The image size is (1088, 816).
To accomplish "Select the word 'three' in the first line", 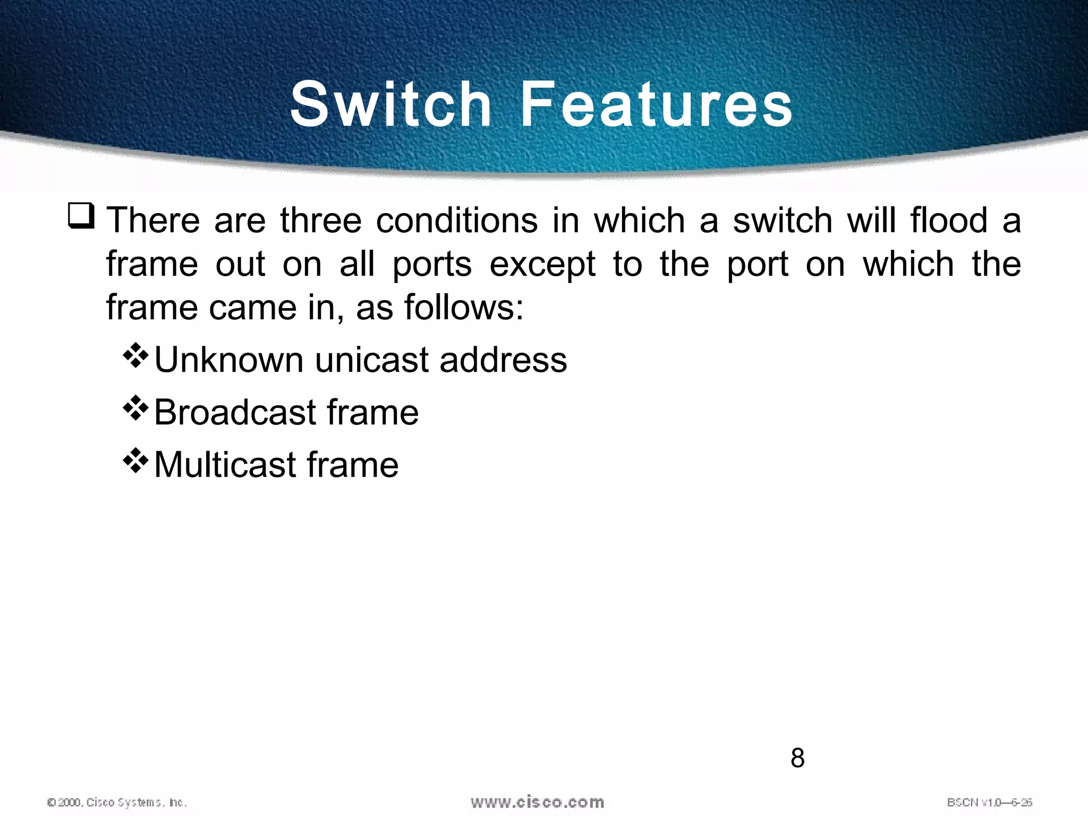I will click(x=321, y=220).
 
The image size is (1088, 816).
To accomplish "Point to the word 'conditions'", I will click(x=457, y=220).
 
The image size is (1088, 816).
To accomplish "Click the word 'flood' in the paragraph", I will click(x=949, y=220).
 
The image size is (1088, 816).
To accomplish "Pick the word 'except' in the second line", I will click(x=542, y=265).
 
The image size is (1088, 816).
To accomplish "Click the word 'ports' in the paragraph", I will click(x=432, y=265).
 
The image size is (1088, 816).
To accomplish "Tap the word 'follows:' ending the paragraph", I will click(x=464, y=308).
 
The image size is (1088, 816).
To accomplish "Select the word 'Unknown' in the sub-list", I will click(x=228, y=360).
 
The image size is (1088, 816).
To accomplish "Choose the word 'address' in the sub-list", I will click(x=503, y=360).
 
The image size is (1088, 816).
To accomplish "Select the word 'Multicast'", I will click(x=225, y=465).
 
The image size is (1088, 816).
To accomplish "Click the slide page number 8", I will click(x=797, y=758).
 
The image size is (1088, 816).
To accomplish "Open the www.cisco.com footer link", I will click(x=537, y=802).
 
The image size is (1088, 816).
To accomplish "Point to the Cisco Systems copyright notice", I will click(x=117, y=802).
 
